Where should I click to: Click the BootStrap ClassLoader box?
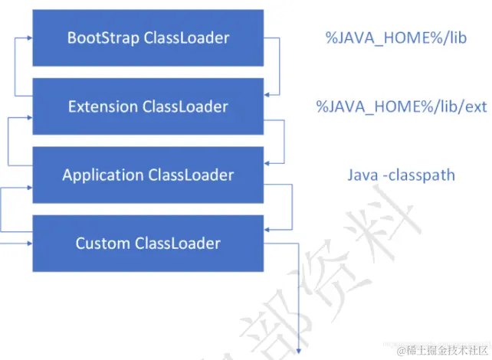pos(148,38)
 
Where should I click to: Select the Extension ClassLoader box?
pos(148,106)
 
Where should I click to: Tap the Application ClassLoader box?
pos(148,175)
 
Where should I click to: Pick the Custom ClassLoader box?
pos(148,244)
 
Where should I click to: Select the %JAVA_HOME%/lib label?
pos(395,38)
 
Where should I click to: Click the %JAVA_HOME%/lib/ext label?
pos(402,106)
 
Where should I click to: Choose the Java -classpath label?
pos(401,175)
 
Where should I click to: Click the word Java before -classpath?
pos(362,175)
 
